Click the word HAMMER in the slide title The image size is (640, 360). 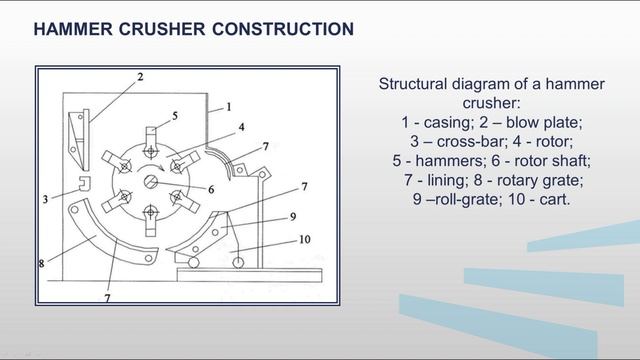(x=73, y=29)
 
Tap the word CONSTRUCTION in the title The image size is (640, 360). (x=283, y=29)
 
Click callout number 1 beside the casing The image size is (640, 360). (x=229, y=107)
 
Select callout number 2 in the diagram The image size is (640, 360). (x=140, y=77)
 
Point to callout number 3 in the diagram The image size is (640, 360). (x=45, y=199)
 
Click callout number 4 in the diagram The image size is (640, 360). (x=242, y=127)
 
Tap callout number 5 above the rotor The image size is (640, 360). (x=175, y=116)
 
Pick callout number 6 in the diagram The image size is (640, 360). (x=211, y=189)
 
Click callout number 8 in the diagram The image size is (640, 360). (x=41, y=264)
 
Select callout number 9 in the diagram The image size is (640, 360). (x=293, y=217)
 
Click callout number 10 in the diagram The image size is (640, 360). (x=305, y=239)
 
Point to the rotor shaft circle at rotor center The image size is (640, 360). (x=151, y=182)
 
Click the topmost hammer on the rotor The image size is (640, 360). (x=151, y=142)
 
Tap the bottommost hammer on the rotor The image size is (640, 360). (x=151, y=221)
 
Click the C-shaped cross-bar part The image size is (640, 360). (x=84, y=183)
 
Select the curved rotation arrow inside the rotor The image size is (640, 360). (x=150, y=167)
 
